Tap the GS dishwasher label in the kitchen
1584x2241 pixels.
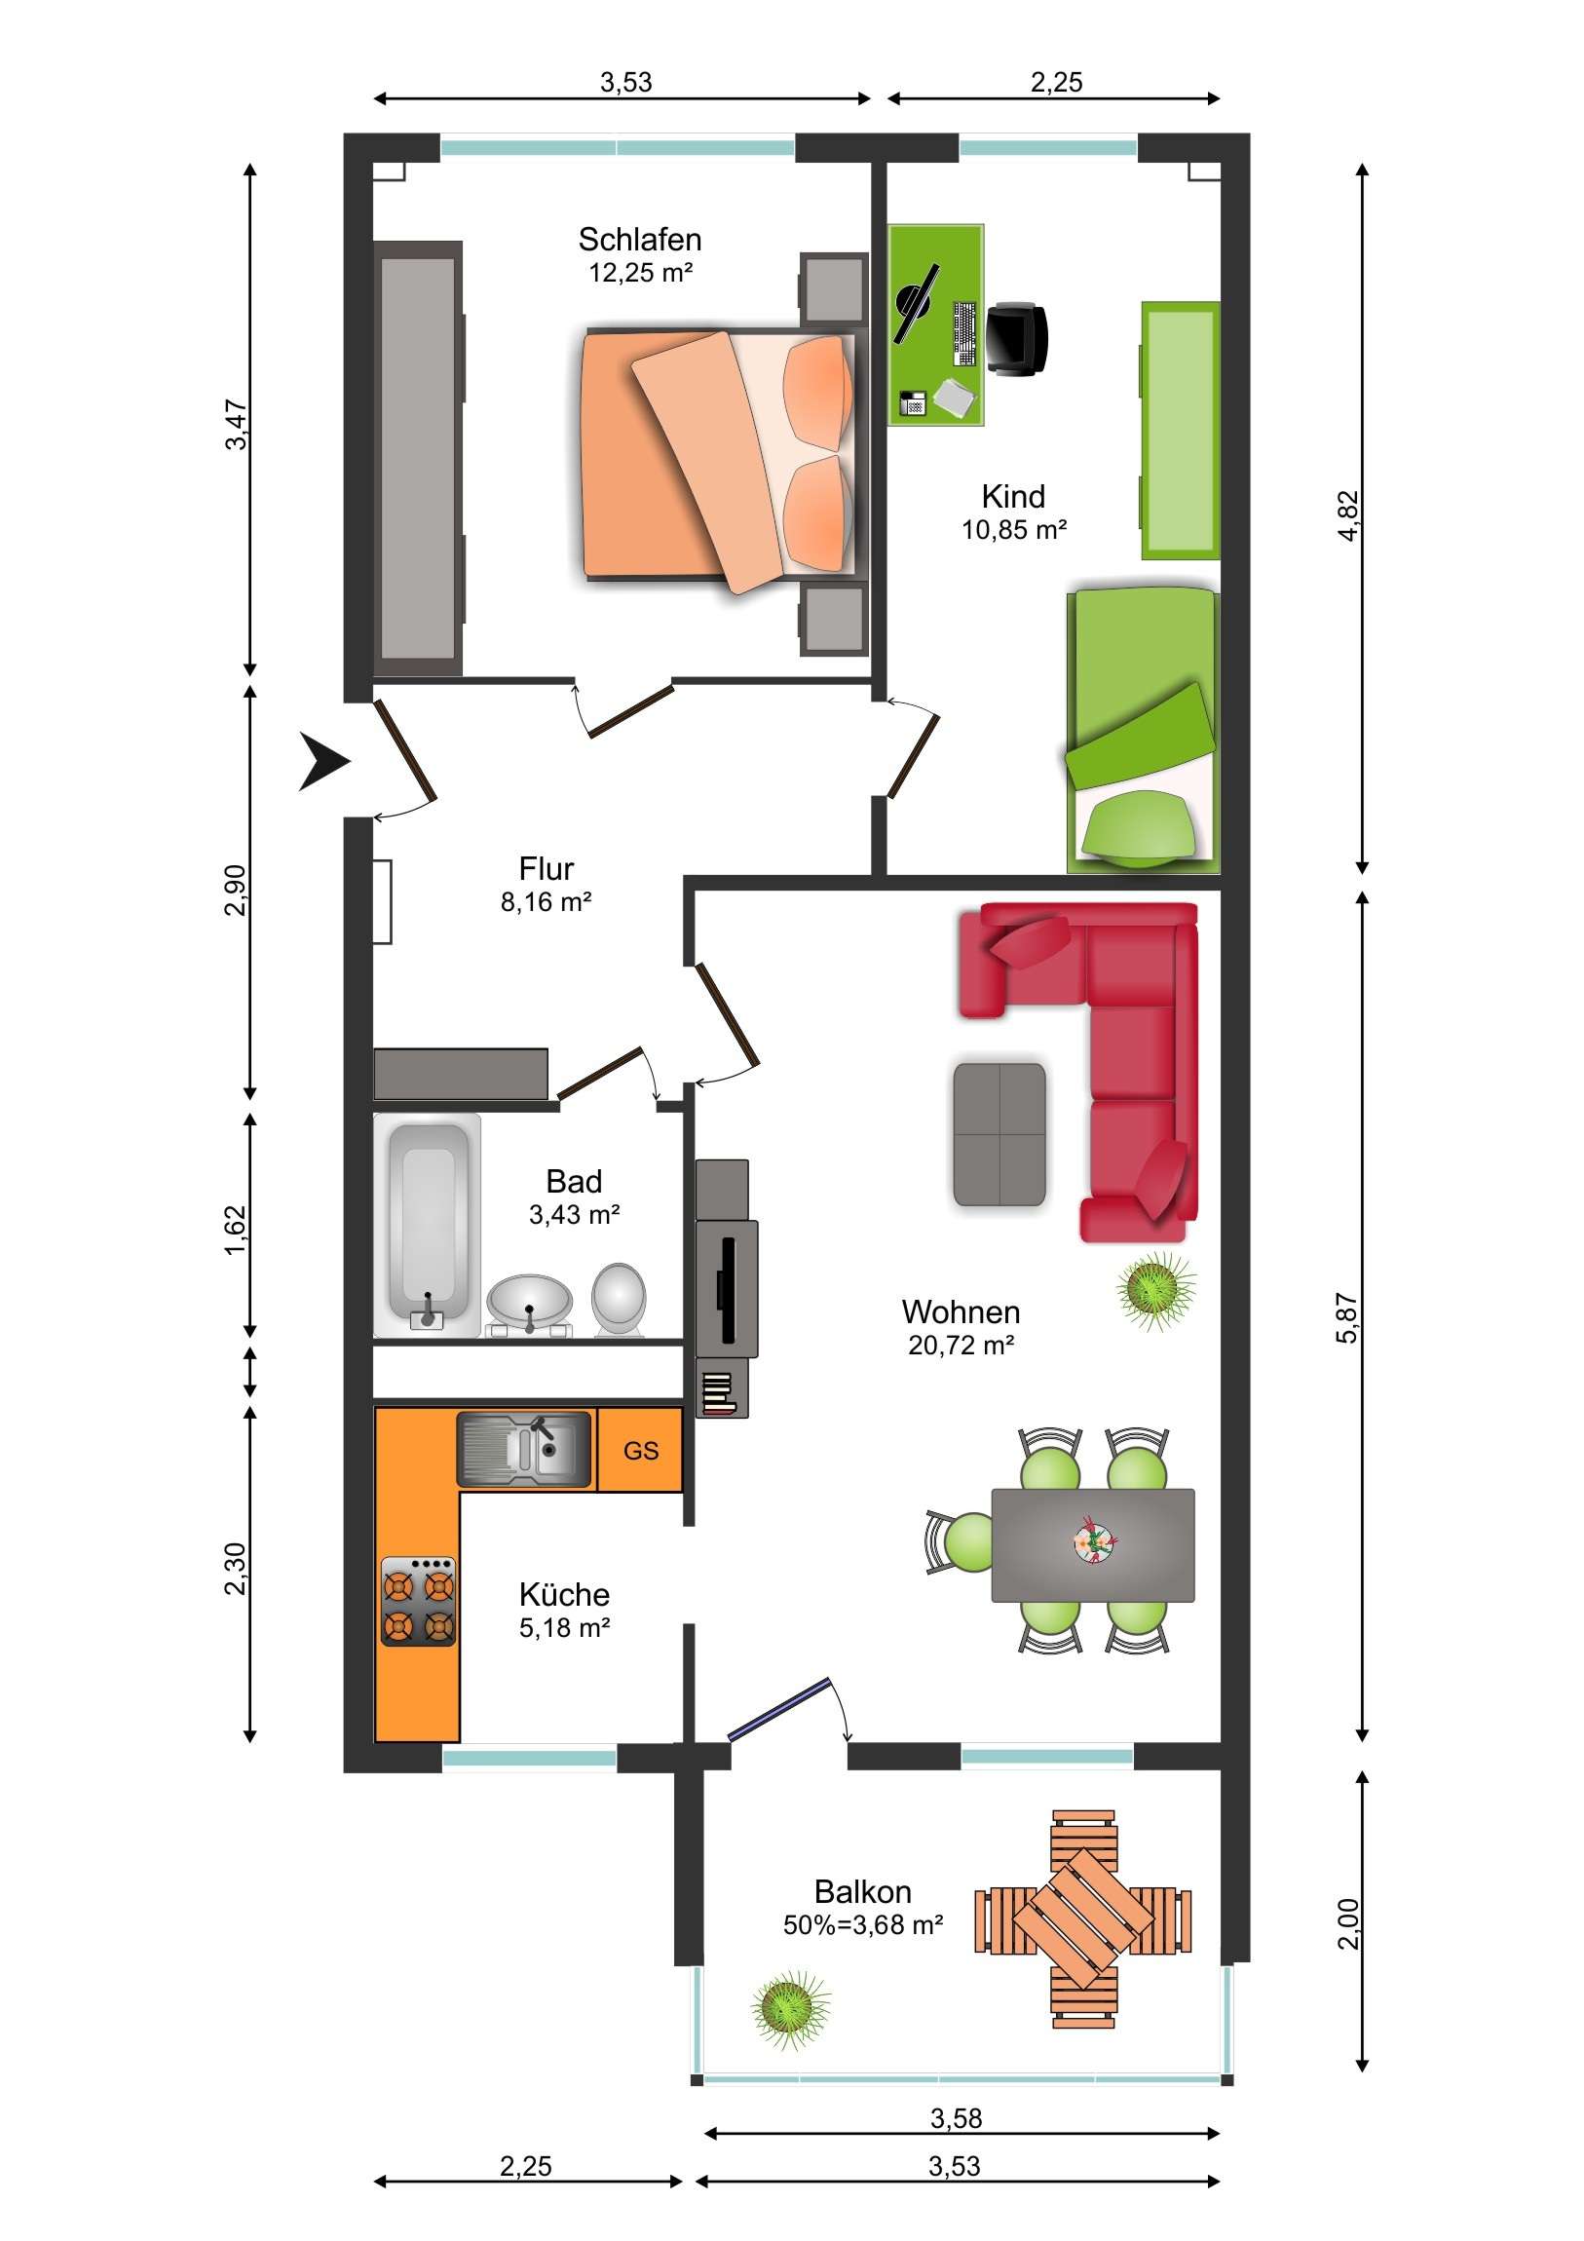(x=641, y=1451)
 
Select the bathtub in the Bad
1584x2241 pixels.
(x=428, y=1224)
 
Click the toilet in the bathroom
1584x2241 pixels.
(x=619, y=1300)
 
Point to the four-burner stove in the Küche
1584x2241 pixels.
(x=419, y=1602)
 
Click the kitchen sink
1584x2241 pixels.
(x=525, y=1450)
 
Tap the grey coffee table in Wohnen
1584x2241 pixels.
(x=999, y=1134)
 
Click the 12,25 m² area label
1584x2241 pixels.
(x=641, y=272)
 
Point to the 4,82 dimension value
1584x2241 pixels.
(x=1348, y=515)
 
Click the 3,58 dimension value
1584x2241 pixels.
(x=957, y=2118)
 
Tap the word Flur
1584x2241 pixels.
(x=546, y=868)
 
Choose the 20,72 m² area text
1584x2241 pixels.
(x=962, y=1345)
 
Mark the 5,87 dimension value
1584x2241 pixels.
(x=1347, y=1317)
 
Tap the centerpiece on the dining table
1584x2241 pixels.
(x=1095, y=1542)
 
